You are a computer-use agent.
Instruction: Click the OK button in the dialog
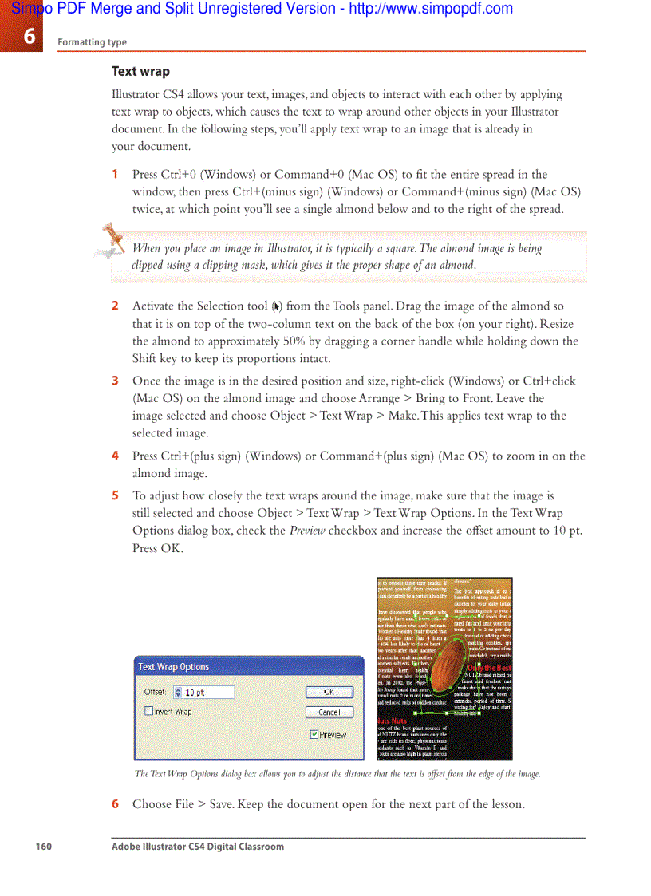[x=329, y=693]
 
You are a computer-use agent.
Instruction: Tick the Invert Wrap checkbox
[x=149, y=711]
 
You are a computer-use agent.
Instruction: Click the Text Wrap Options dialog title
[x=173, y=667]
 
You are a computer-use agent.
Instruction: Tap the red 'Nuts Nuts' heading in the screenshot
[x=392, y=720]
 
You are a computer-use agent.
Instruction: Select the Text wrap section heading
[x=140, y=72]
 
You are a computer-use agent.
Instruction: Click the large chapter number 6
[x=29, y=36]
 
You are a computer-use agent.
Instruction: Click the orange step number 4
[x=115, y=456]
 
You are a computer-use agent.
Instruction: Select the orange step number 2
[x=115, y=306]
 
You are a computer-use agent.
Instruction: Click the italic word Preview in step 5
[x=306, y=531]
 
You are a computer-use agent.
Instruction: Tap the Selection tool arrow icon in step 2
[x=276, y=306]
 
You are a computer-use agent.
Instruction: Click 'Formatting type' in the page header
[x=92, y=42]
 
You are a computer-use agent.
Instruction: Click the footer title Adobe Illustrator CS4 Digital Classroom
[x=197, y=847]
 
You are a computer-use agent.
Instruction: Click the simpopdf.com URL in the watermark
[x=431, y=9]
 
